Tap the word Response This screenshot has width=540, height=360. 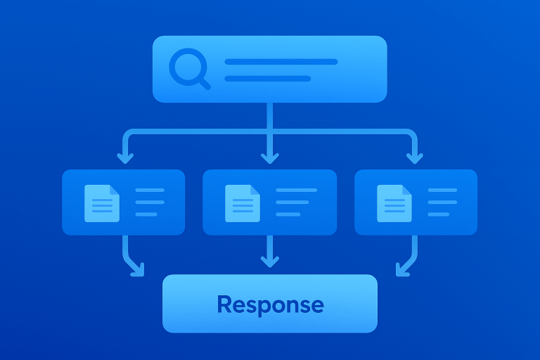coord(270,304)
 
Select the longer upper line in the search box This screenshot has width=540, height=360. coord(281,62)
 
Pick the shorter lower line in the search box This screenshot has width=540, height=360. coord(267,78)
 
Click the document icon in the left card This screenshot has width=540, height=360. coord(101,202)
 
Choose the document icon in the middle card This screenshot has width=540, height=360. coord(243,202)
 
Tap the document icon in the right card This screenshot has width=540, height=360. coord(394,202)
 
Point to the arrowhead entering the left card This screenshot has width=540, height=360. coord(125,157)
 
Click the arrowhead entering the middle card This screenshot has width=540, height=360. coord(269,157)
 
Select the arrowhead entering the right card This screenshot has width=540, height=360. coord(416,157)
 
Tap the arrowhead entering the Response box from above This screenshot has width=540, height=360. coord(269,262)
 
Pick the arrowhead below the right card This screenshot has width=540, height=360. coord(402,269)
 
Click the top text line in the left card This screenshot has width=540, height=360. coord(149,190)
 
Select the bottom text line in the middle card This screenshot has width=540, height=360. coord(288,214)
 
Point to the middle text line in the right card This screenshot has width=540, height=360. coord(443,202)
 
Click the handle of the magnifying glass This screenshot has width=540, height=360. coord(204,84)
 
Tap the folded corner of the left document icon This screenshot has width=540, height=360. coord(115,189)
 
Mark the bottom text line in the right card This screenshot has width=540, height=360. coord(438,214)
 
